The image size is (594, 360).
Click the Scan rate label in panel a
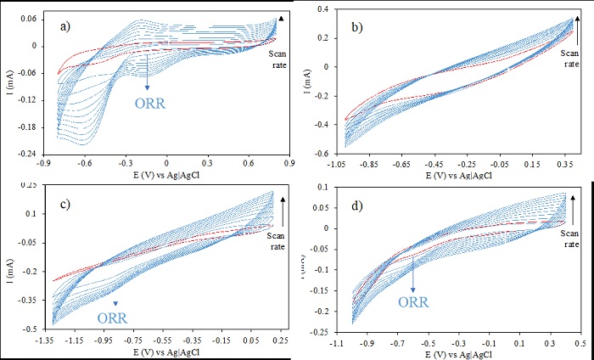click(x=279, y=61)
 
